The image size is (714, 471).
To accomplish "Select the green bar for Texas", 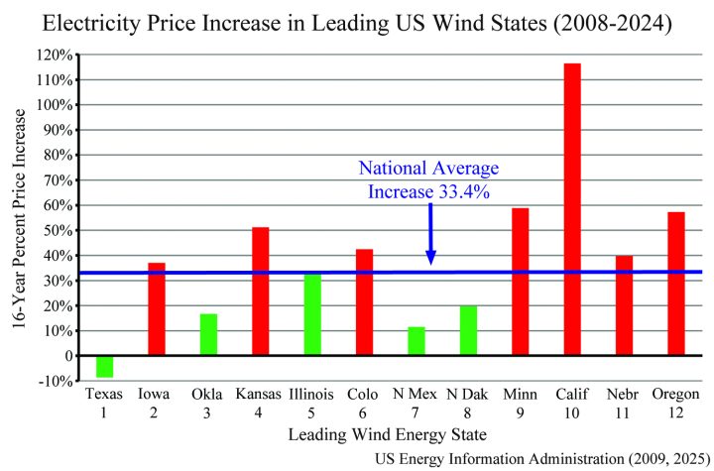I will pyautogui.click(x=104, y=366).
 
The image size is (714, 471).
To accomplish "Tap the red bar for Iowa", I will pyautogui.click(x=157, y=308).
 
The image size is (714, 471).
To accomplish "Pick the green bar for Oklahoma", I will pyautogui.click(x=208, y=334).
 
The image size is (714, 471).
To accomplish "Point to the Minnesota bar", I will pyautogui.click(x=521, y=282).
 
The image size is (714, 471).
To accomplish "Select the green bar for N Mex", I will pyautogui.click(x=416, y=341).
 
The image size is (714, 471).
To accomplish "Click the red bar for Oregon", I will pyautogui.click(x=676, y=284).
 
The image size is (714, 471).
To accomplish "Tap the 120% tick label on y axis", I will pyautogui.click(x=56, y=55).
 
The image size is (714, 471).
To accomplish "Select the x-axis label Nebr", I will pyautogui.click(x=624, y=394).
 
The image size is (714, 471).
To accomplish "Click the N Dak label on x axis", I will pyautogui.click(x=468, y=394).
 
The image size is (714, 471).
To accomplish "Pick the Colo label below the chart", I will pyautogui.click(x=364, y=394).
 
